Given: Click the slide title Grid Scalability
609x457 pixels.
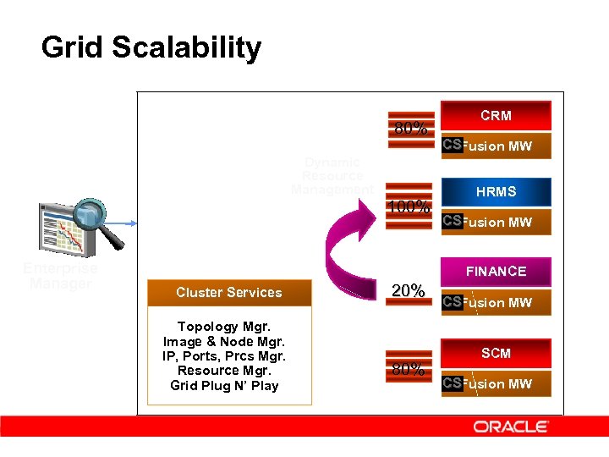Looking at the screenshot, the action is click(x=151, y=48).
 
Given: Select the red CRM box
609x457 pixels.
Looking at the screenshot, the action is click(x=496, y=115).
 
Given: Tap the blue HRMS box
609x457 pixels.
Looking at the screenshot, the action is click(x=496, y=192).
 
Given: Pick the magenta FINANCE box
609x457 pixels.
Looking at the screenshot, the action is click(x=496, y=272).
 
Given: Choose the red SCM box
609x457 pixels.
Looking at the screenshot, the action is click(x=496, y=353).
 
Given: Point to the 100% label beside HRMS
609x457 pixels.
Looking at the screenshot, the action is click(x=409, y=206).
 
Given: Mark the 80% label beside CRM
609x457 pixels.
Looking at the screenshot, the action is click(x=410, y=129).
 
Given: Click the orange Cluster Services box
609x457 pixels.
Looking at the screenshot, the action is click(x=228, y=293).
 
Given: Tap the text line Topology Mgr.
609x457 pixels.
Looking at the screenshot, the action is click(x=225, y=327).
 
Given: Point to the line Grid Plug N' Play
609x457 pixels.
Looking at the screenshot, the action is click(x=225, y=386).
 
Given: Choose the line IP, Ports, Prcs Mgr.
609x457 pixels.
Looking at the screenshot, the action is click(x=225, y=356).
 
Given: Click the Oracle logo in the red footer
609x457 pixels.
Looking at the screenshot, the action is click(x=511, y=427).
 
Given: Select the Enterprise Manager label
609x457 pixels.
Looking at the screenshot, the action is click(x=60, y=276).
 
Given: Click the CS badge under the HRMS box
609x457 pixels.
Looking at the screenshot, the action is click(x=453, y=221).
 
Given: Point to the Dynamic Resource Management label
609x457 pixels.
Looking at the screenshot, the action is click(x=332, y=175).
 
